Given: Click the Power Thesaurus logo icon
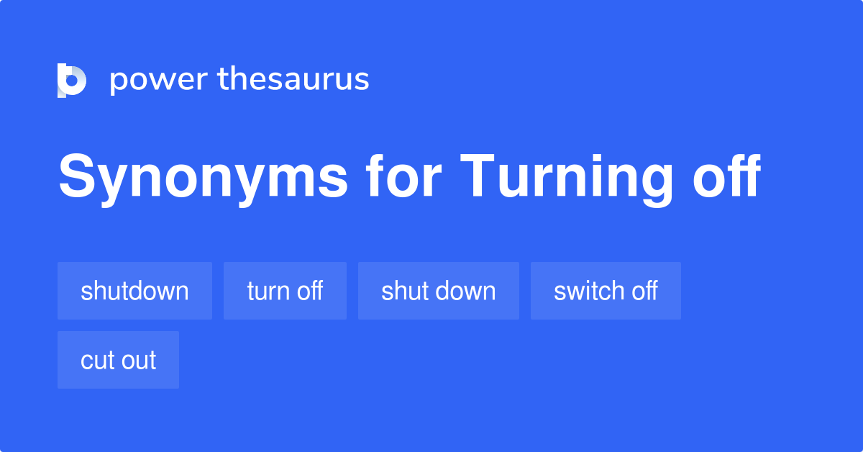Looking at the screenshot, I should (x=72, y=80).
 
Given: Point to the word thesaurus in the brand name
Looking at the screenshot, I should (x=293, y=80).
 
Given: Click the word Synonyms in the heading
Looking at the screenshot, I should (x=203, y=177).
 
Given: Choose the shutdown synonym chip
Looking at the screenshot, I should (x=134, y=291).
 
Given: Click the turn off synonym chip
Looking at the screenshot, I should (x=285, y=291).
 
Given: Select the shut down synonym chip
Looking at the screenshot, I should (x=438, y=291).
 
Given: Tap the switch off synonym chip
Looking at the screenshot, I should (x=606, y=291).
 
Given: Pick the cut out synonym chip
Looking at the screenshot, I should (x=118, y=360).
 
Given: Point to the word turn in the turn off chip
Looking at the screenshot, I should (x=268, y=291).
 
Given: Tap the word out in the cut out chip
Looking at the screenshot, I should (x=138, y=361).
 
